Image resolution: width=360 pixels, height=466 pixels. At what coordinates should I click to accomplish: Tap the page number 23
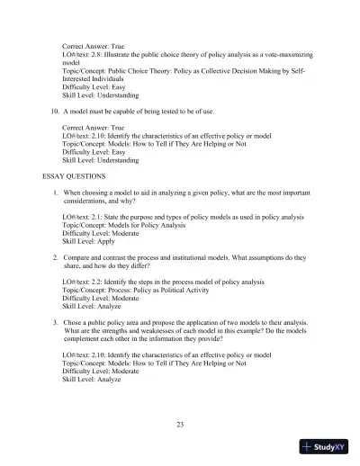(179, 424)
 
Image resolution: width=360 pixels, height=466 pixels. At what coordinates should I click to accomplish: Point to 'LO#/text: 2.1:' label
(85, 218)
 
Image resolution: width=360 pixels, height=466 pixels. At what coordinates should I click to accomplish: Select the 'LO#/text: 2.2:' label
(85, 282)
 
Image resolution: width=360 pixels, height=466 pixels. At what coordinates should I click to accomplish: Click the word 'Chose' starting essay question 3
(73, 321)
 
